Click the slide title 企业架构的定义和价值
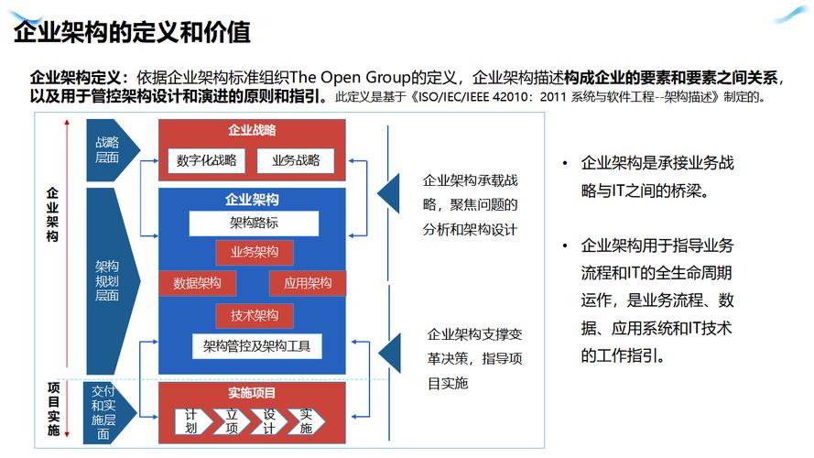pos(132,32)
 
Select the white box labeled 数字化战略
pos(206,160)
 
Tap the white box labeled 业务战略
pos(296,160)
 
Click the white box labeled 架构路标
pos(254,224)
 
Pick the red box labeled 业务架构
pos(255,253)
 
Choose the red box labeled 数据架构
pos(197,283)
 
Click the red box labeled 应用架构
pos(308,283)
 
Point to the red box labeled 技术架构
pos(255,315)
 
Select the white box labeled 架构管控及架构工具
pos(256,346)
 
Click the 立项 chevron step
pos(232,421)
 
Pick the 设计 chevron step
pos(269,421)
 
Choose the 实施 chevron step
pos(307,421)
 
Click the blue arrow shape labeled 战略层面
pos(111,150)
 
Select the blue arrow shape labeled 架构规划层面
pos(111,281)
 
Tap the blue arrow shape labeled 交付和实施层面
pos(107,413)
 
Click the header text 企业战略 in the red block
pos(253,130)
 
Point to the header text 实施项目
pos(253,393)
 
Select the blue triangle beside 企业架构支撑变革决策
pos(390,353)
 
